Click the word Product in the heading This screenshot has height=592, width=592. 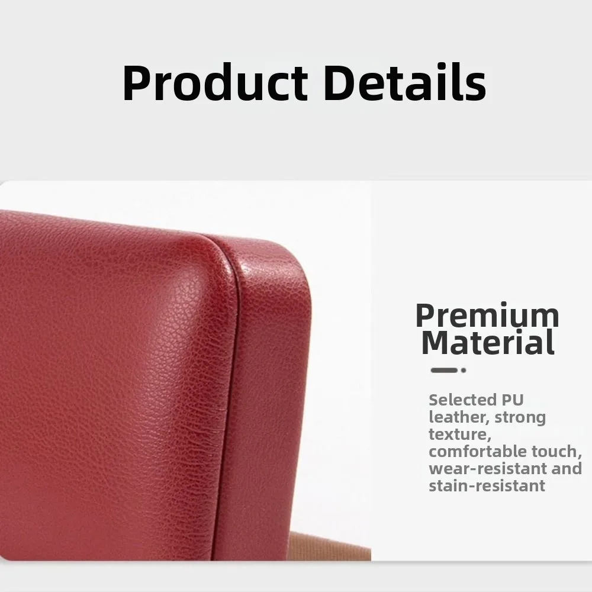(x=215, y=83)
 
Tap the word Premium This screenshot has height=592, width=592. (x=487, y=316)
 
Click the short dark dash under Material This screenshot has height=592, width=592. (x=443, y=370)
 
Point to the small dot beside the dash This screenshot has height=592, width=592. (x=464, y=370)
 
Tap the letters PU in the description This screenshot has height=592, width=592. (x=512, y=400)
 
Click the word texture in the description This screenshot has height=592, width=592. (x=459, y=435)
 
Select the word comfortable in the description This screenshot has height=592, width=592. (x=479, y=452)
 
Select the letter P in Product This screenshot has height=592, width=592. (x=135, y=84)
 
